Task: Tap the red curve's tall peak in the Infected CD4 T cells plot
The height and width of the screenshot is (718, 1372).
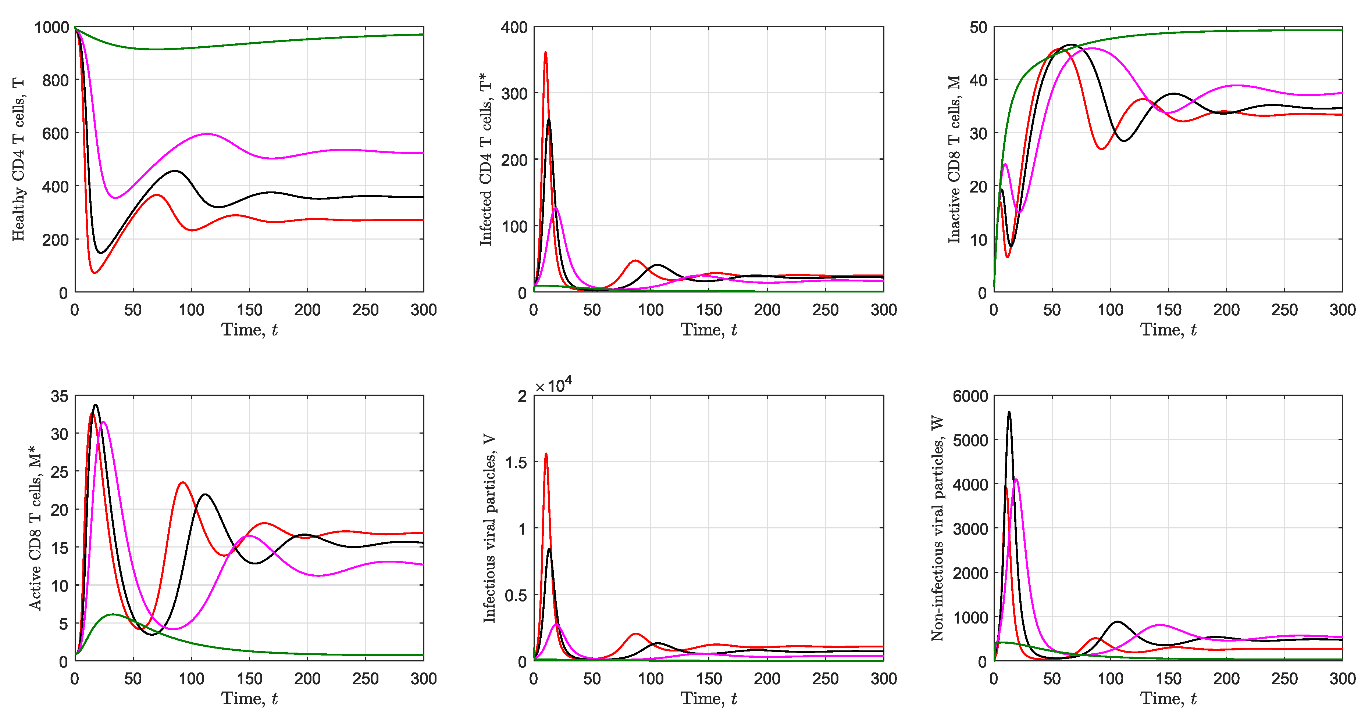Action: click(545, 53)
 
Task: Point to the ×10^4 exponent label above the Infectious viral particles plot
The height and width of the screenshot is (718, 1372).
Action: click(553, 384)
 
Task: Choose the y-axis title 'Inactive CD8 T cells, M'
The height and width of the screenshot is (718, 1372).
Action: click(954, 160)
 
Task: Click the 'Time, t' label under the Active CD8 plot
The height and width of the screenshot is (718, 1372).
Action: click(249, 698)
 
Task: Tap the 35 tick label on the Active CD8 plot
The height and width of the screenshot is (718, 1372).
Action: click(59, 396)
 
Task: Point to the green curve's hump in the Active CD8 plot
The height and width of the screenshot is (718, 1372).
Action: click(113, 614)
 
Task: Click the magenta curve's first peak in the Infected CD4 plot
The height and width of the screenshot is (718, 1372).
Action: click(556, 209)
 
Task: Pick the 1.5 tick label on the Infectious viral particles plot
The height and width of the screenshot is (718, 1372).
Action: click(516, 462)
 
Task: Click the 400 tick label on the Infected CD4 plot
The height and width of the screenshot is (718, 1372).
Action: click(514, 27)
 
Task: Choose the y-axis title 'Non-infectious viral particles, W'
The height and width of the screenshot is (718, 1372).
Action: click(937, 528)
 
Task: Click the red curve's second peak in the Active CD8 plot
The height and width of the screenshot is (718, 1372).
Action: click(183, 483)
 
